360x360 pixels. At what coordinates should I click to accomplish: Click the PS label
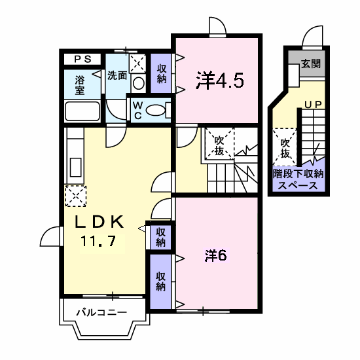coord(83,59)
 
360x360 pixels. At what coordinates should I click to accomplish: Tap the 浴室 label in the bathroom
coord(80,85)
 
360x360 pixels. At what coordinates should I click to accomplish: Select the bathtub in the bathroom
coord(82,111)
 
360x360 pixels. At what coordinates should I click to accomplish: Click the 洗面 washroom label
coord(117,75)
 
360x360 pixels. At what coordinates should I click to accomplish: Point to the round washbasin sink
coord(139,83)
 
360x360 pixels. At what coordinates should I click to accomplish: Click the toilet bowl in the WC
coord(156,110)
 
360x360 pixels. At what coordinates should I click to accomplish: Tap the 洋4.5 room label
coord(219,80)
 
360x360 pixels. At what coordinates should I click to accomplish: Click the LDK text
coord(99,222)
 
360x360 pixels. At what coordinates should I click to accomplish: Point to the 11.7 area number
coord(98,241)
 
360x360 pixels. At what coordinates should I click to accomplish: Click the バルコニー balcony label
coord(101,312)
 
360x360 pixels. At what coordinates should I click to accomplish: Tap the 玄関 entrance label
coord(311,63)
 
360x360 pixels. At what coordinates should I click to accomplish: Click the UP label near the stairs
coord(313,105)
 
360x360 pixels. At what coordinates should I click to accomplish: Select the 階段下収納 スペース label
coord(298,180)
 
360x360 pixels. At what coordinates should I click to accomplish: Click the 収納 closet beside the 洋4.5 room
coord(161,73)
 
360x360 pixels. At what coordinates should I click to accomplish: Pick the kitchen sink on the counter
coord(75,168)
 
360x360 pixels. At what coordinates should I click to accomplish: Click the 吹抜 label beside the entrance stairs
coord(285,149)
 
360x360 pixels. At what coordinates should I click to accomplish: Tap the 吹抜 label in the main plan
coord(219,146)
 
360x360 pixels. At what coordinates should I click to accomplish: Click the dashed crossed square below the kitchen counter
coord(76,196)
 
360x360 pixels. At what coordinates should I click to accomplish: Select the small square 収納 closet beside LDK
coord(161,238)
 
